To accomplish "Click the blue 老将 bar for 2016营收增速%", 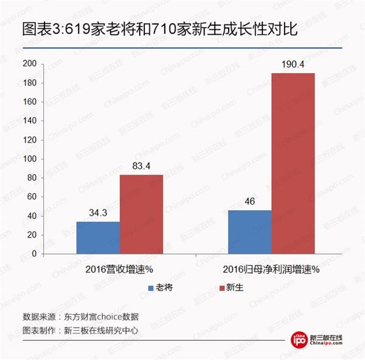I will coord(98,237).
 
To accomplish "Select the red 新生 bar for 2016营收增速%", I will coord(141,214).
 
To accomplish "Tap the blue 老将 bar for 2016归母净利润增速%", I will coord(249,231).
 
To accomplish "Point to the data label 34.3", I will coord(98,213).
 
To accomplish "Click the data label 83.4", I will coord(141,166).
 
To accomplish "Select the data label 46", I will coord(249,202).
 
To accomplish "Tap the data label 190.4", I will coord(293,64).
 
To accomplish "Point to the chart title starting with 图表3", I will coord(159,29).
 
